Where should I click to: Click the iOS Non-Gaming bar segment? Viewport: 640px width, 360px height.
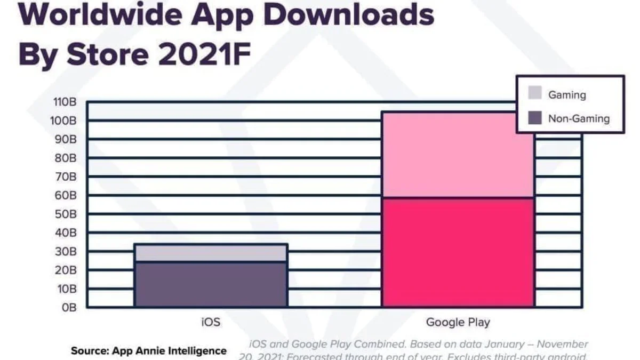point(211,284)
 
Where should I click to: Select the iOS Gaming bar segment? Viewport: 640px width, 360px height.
point(211,253)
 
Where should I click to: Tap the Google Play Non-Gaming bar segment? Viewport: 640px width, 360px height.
point(458,252)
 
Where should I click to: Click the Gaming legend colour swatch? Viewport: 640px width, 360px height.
point(535,94)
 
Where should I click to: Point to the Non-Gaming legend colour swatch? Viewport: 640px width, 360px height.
point(535,118)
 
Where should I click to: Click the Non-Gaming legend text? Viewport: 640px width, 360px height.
point(579,118)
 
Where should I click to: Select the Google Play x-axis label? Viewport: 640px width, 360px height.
point(458,322)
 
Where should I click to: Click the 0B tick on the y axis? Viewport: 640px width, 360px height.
point(70,308)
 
